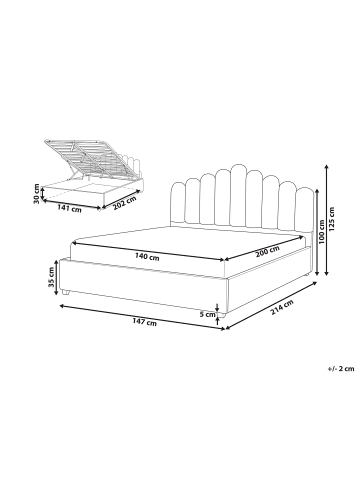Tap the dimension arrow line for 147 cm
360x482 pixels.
[x=140, y=315]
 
